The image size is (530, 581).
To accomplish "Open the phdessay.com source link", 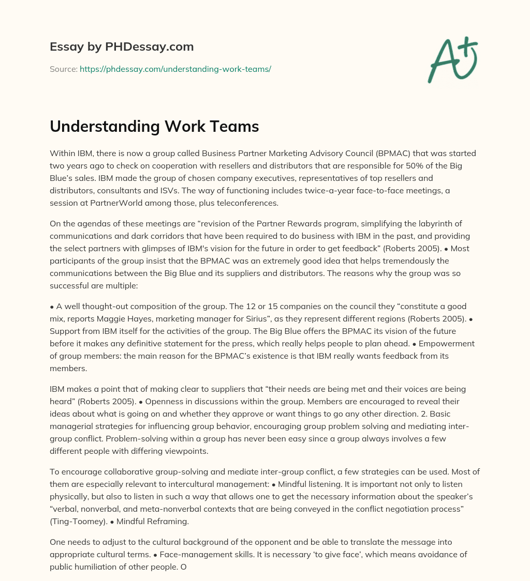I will coord(175,69).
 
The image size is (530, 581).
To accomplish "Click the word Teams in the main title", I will coord(231,126).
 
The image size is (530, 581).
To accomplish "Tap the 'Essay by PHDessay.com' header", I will coord(122,47).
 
